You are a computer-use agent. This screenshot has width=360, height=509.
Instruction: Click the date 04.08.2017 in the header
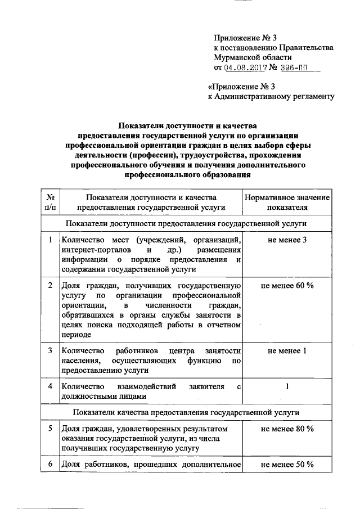click(245, 68)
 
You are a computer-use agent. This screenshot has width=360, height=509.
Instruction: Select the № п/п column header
click(51, 201)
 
